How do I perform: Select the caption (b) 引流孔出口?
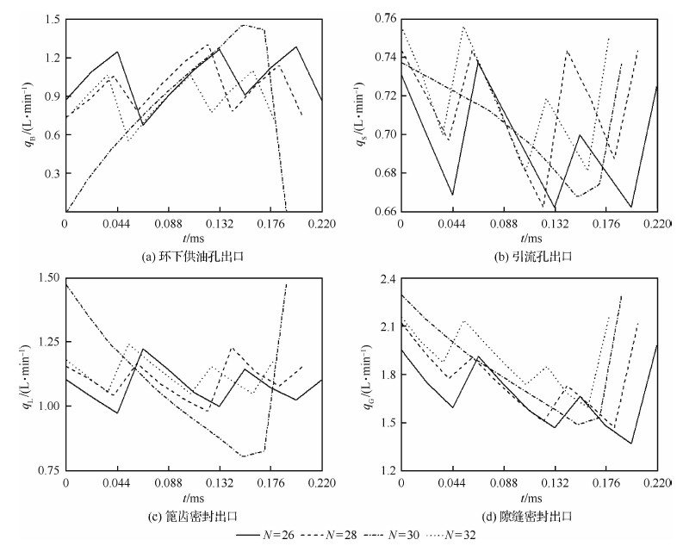coord(529,256)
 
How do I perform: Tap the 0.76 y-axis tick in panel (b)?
coord(382,19)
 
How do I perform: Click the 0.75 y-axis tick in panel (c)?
coord(47,470)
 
